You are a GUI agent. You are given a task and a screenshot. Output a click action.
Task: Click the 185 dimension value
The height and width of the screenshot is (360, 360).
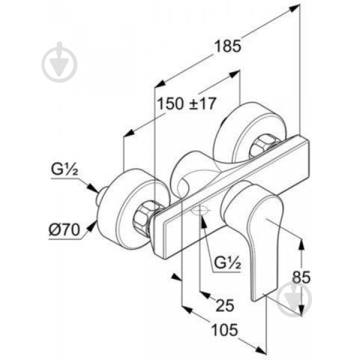click(228, 46)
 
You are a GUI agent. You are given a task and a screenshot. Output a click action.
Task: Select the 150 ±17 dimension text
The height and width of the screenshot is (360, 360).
click(187, 103)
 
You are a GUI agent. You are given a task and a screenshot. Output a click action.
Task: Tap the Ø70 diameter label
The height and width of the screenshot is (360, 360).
click(65, 230)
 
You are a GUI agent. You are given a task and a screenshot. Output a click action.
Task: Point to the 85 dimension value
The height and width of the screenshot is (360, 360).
click(301, 277)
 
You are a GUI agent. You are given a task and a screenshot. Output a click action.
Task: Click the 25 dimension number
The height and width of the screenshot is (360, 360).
click(225, 305)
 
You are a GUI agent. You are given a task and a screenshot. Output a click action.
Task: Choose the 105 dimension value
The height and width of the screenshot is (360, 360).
click(224, 330)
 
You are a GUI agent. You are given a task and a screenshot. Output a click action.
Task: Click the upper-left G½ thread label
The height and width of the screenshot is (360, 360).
click(65, 169)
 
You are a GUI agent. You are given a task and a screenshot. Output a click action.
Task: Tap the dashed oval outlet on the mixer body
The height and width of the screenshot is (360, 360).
click(200, 211)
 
